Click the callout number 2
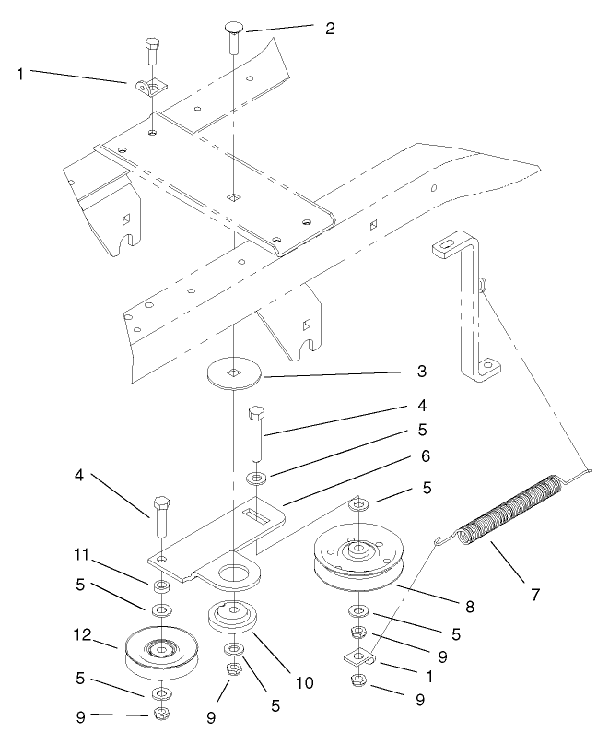coord(330,27)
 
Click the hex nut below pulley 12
coord(161,715)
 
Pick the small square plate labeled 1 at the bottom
coord(359,658)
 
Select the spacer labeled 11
coord(161,586)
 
